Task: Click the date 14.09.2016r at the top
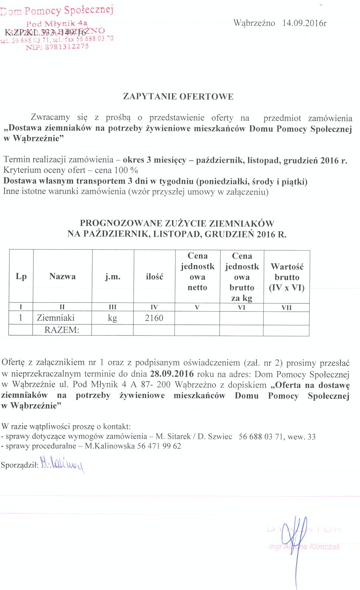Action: click(304, 23)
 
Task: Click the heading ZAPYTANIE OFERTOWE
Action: click(178, 97)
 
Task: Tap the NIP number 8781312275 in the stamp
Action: click(67, 46)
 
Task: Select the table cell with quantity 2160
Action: click(154, 318)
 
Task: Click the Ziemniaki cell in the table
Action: click(56, 318)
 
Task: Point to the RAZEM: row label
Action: click(62, 330)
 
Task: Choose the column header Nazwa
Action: click(62, 277)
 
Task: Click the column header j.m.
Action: click(112, 277)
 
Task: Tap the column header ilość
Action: click(154, 277)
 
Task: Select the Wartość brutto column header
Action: click(287, 277)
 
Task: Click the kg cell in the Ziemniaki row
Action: click(112, 318)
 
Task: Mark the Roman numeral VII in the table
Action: click(286, 308)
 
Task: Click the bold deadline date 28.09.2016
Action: click(172, 374)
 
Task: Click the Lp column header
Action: click(21, 277)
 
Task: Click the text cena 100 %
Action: click(116, 170)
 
